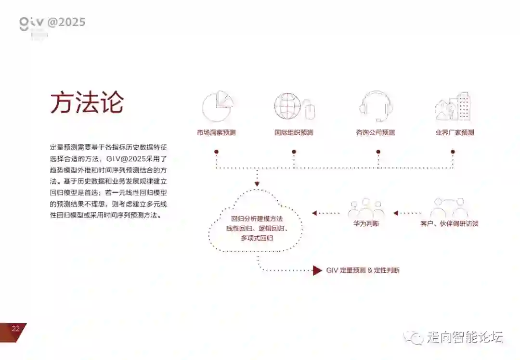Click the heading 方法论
87,102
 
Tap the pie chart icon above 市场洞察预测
217,106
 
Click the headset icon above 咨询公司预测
376,106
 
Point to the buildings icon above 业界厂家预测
453,106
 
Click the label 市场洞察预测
216,132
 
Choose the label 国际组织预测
294,132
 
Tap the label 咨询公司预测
376,132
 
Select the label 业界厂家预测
455,132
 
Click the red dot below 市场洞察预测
217,152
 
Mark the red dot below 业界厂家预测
453,152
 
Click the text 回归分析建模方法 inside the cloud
257,219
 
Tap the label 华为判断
366,224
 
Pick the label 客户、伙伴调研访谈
449,224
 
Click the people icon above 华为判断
366,208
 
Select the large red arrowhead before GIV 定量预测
317,270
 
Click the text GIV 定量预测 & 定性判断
363,270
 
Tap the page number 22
16,329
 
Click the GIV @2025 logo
52,23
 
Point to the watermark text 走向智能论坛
465,337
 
